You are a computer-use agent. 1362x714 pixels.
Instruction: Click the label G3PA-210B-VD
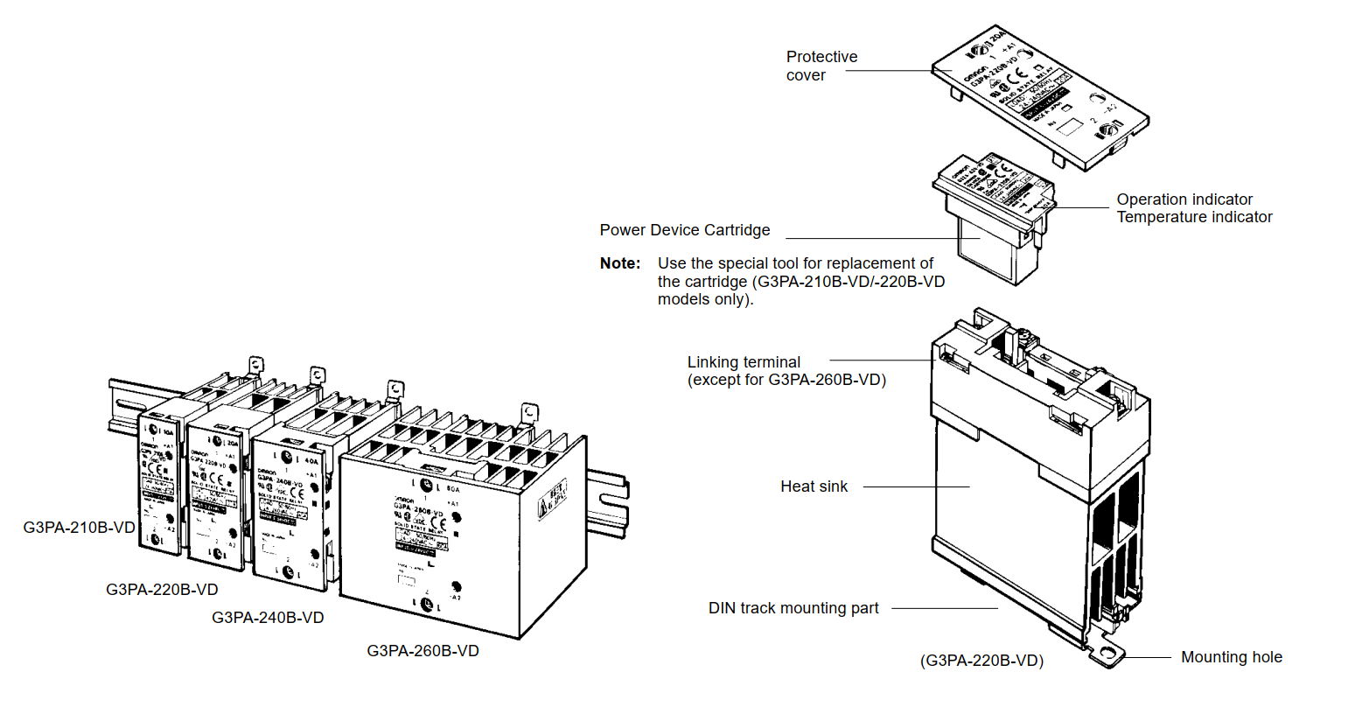coord(79,528)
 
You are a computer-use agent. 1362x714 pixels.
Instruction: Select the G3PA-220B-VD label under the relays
coord(162,590)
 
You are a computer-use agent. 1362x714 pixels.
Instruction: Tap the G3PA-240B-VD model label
coord(268,618)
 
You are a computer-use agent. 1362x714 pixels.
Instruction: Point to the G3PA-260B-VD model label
coord(423,651)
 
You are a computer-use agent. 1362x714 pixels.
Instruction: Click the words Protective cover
coord(821,66)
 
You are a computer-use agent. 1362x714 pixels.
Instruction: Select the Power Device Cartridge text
coord(685,230)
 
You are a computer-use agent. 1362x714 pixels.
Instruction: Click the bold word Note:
coord(620,263)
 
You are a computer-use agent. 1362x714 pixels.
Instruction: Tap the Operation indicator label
coord(1184,199)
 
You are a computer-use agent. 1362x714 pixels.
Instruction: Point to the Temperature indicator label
coord(1194,217)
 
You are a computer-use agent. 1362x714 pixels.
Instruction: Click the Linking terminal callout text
coord(744,362)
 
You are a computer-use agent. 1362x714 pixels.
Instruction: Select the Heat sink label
coord(814,486)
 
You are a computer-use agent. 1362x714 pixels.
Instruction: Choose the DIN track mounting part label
coord(793,608)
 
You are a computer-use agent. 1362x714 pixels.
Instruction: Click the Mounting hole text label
coord(1231,657)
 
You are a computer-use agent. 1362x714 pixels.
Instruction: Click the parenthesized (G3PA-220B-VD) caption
coord(981,661)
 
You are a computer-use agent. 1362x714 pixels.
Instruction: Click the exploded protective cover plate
coord(1041,96)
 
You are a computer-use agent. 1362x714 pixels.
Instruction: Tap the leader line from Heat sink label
coord(916,486)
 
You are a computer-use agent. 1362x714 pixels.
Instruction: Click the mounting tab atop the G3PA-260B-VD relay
coord(529,411)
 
